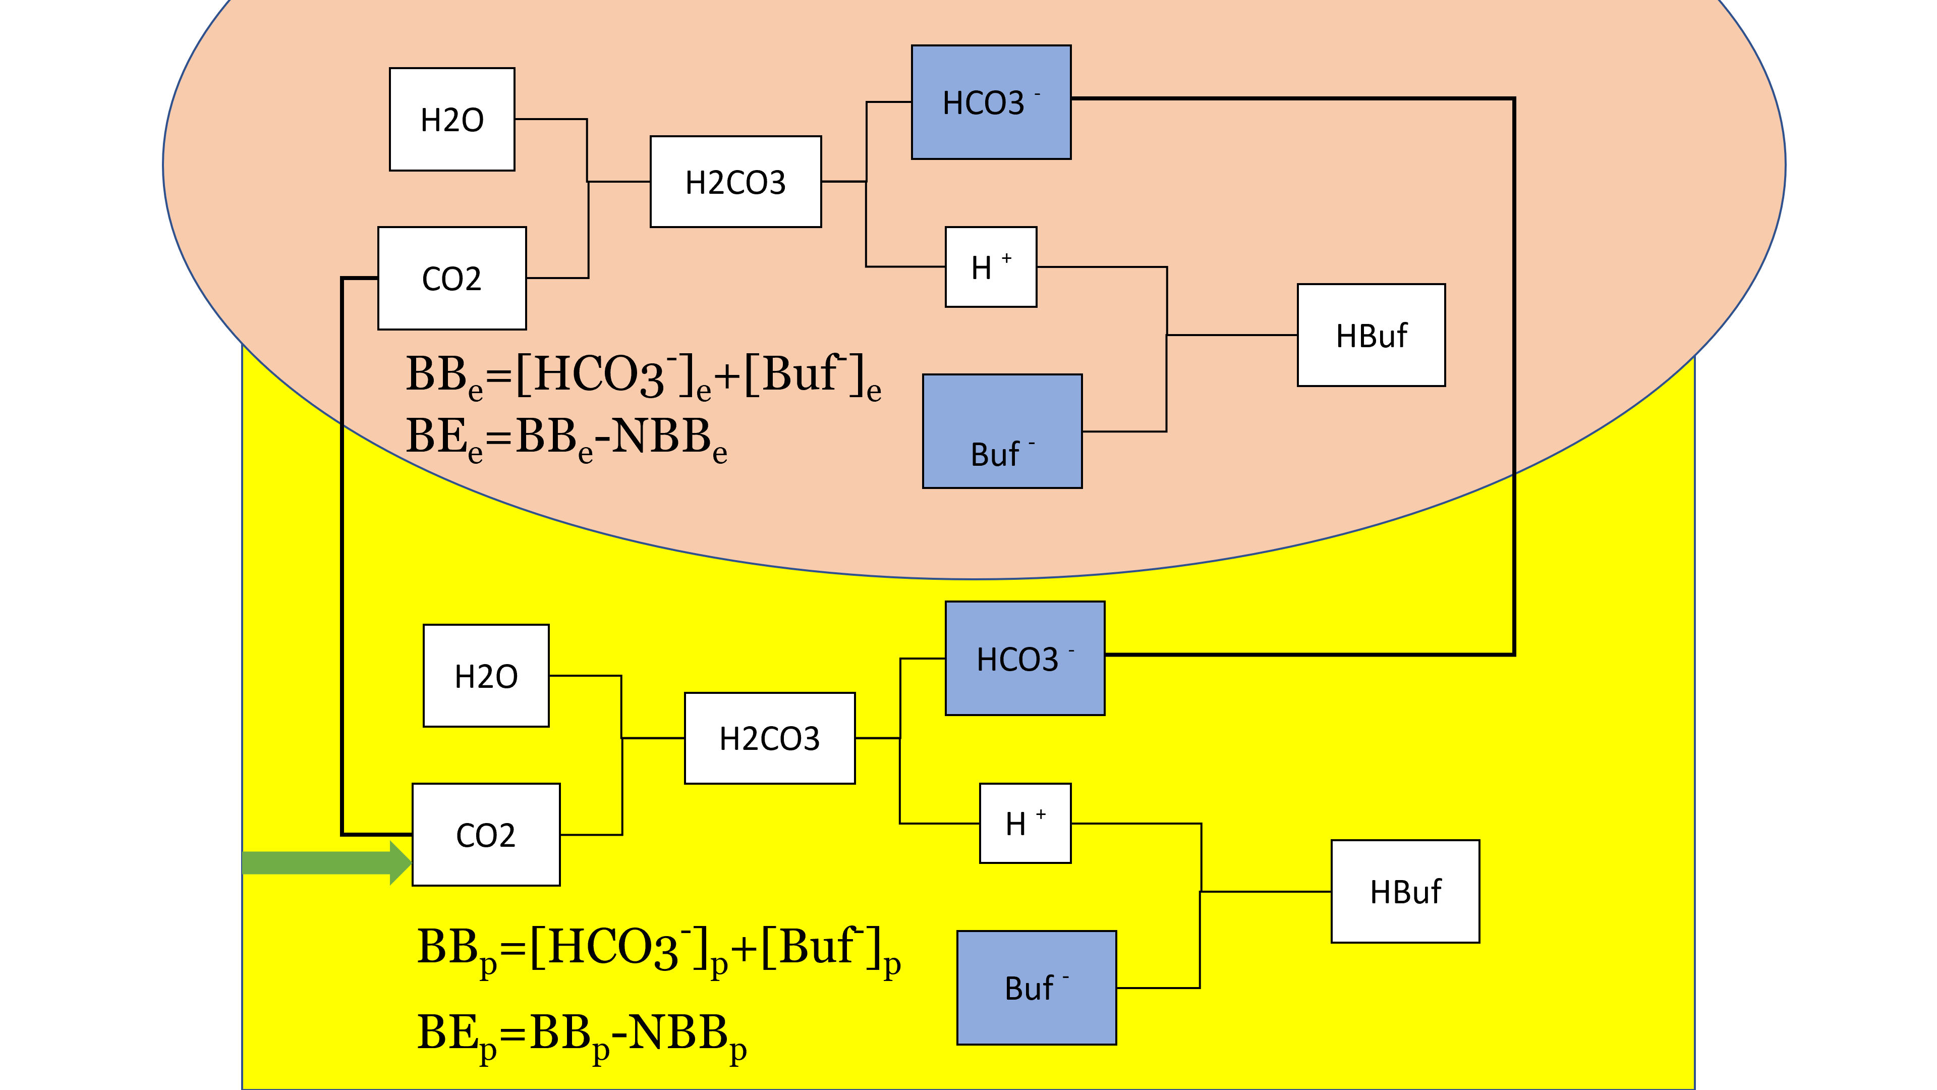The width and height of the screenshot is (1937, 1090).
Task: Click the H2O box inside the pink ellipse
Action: [x=452, y=120]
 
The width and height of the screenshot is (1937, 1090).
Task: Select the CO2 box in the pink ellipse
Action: [x=452, y=279]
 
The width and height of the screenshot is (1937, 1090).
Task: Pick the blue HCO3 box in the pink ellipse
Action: [x=991, y=102]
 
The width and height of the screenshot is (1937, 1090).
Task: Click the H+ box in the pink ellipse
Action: [x=991, y=267]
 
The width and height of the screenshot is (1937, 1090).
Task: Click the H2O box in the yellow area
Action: [x=486, y=676]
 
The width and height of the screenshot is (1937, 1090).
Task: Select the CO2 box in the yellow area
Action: [x=486, y=835]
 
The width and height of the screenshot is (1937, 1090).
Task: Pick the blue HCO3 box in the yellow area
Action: [x=1025, y=658]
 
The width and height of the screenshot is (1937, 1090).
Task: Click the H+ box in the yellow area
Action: [x=1025, y=824]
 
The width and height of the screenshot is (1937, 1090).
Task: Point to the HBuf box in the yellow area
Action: [x=1405, y=891]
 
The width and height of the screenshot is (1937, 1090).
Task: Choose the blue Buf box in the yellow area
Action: [x=1036, y=988]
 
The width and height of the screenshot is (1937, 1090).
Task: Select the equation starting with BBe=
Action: [x=643, y=376]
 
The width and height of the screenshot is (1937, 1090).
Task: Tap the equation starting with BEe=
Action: [x=566, y=439]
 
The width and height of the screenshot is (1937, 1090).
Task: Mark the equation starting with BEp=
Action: [x=581, y=1035]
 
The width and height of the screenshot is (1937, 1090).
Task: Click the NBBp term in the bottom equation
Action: [x=687, y=1035]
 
